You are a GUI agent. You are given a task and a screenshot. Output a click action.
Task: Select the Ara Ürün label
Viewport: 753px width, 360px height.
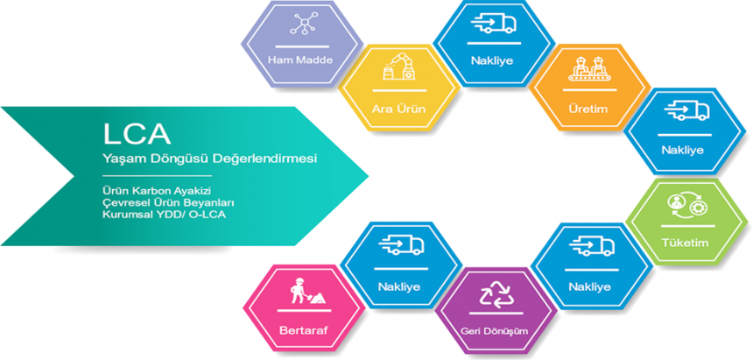coord(398,109)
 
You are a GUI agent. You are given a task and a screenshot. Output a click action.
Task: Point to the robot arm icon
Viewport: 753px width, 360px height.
coord(398,67)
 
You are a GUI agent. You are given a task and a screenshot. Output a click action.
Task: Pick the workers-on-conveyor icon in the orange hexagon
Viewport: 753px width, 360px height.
coord(591,67)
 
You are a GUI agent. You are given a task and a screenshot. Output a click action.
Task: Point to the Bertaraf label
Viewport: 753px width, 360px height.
coord(303,331)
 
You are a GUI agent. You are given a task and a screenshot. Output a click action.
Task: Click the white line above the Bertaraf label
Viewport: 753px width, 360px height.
coord(304,311)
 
